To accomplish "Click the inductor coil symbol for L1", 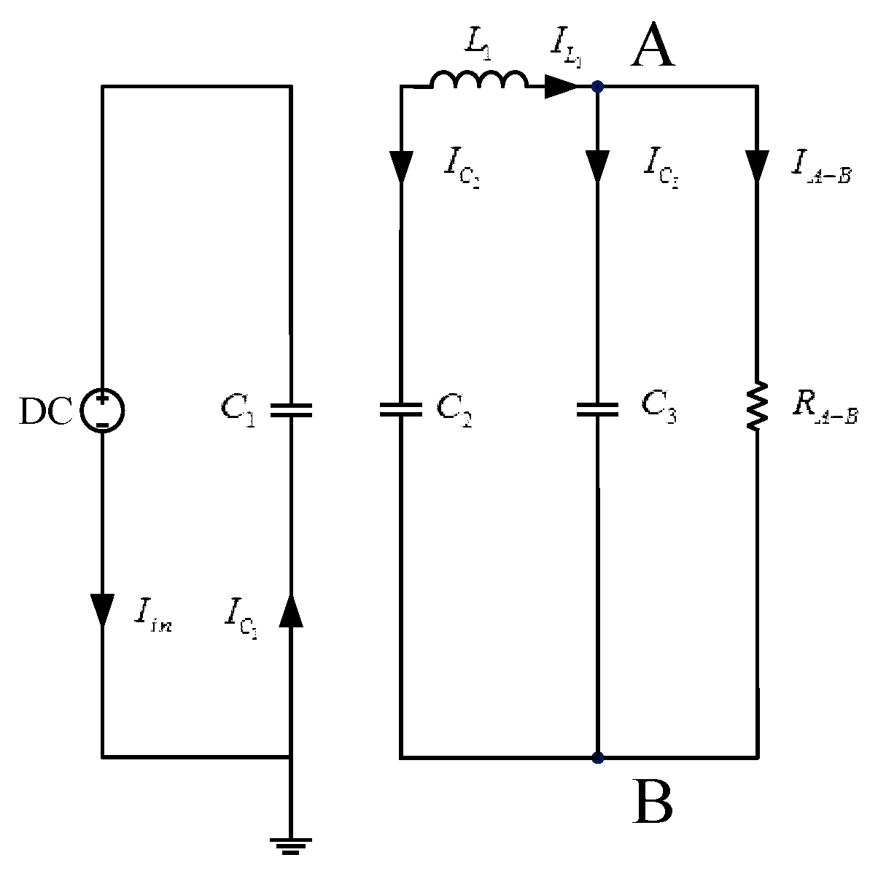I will [478, 80].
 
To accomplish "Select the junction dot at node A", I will [597, 87].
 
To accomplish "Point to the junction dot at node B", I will [597, 758].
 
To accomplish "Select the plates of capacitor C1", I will [291, 410].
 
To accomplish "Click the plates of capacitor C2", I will [401, 410].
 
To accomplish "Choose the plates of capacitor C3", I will [597, 410].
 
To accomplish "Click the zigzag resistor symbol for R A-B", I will [757, 406].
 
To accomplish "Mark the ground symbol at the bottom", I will [291, 846].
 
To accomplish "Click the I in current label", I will [152, 614].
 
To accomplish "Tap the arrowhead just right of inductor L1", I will [559, 87].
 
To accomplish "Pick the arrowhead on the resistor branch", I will [757, 166].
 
